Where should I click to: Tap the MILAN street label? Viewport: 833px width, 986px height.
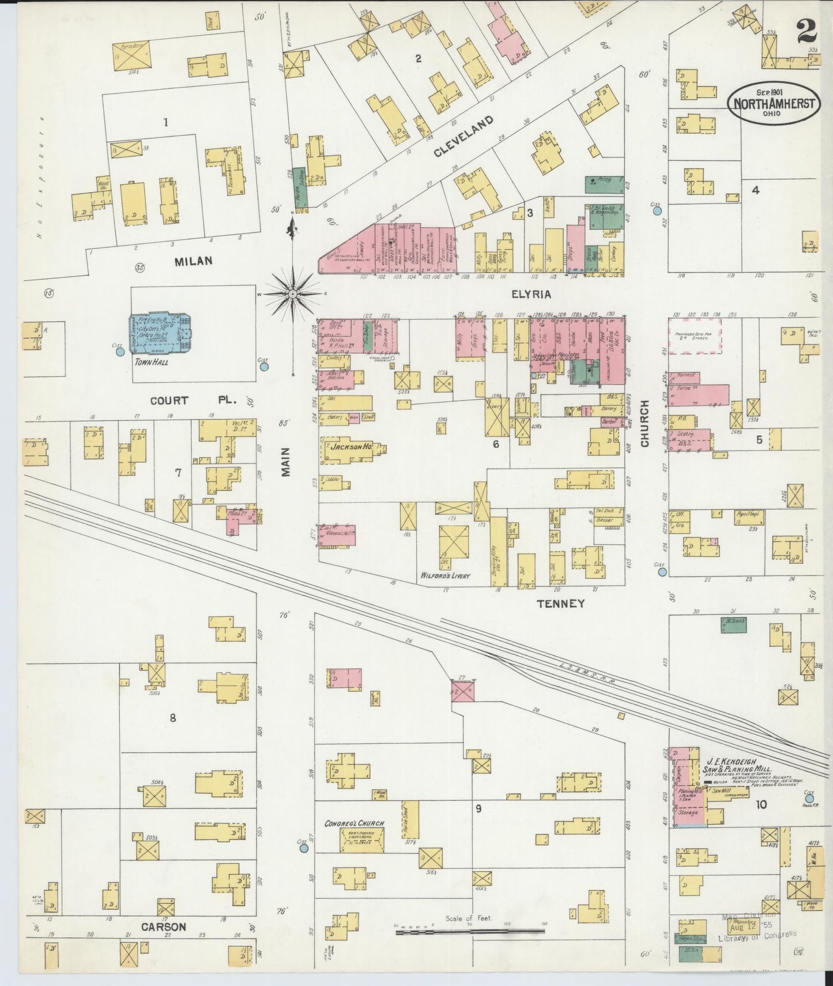point(194,261)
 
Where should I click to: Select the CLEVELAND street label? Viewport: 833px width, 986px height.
point(463,137)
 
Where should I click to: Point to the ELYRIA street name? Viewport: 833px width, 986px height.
point(531,294)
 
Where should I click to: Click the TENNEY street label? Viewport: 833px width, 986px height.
point(561,603)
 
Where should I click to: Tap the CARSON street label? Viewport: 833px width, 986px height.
point(164,927)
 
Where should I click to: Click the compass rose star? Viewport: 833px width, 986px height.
point(293,294)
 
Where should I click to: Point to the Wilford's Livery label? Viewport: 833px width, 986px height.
point(446,575)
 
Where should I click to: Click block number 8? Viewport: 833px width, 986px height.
point(172,718)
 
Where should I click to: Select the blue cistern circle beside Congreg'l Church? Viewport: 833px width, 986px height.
point(304,848)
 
